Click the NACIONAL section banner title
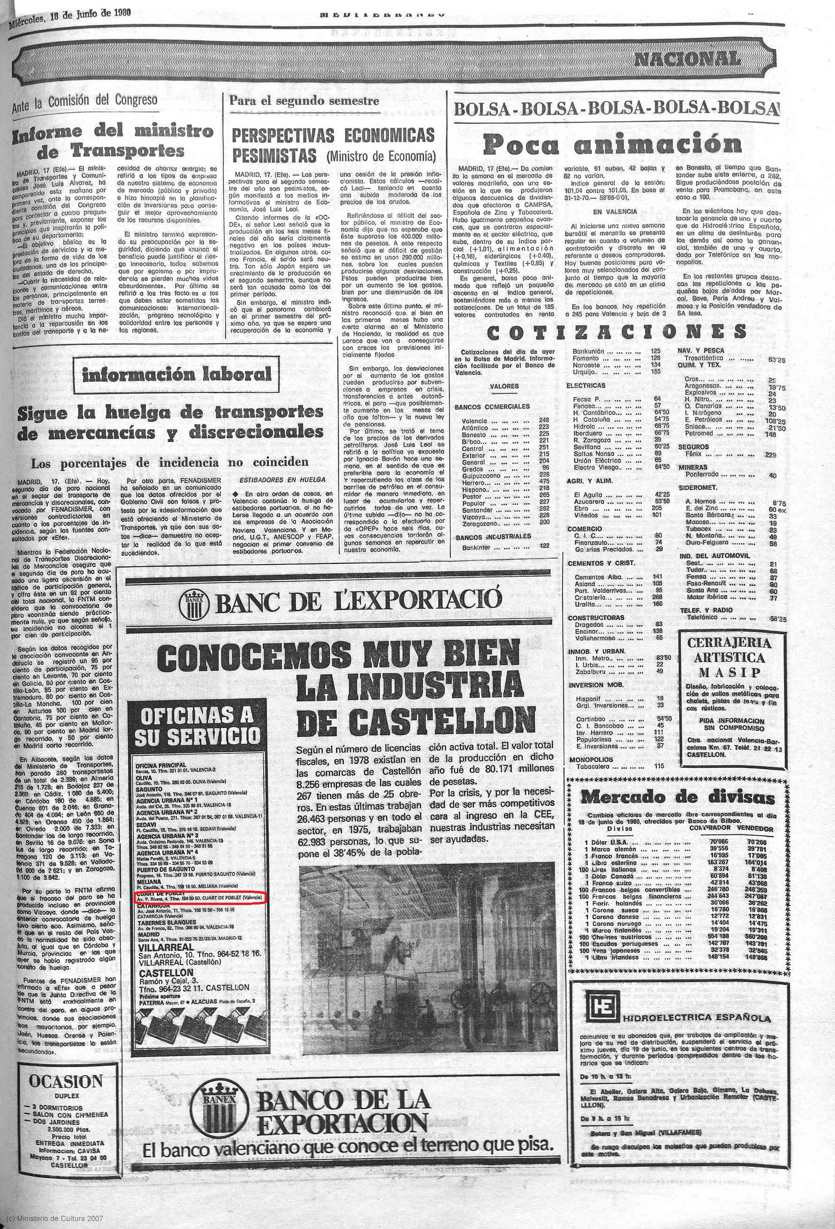coord(687,59)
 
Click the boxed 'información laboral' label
coord(177,375)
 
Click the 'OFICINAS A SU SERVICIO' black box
coord(196,728)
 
